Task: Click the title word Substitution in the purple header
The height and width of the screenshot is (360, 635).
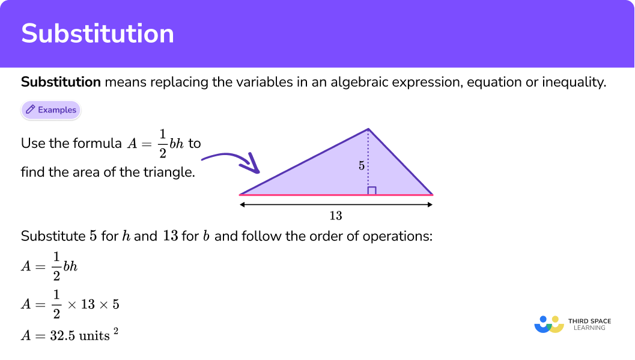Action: click(97, 34)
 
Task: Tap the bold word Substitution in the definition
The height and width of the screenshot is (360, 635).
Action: click(61, 82)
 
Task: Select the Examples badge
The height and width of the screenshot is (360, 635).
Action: click(51, 110)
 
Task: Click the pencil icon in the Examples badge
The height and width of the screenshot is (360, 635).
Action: click(30, 110)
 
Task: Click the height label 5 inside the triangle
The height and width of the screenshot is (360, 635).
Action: click(362, 166)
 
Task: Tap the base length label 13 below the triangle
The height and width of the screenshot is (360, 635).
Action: click(336, 216)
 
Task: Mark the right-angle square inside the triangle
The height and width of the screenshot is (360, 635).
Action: click(372, 191)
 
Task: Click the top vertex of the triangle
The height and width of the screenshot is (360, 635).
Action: click(368, 129)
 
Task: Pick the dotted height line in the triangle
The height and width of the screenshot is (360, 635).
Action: click(368, 150)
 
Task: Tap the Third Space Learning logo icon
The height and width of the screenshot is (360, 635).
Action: click(549, 325)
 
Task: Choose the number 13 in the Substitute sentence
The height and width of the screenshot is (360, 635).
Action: click(170, 236)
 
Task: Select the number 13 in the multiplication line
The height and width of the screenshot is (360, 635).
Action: click(88, 304)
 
